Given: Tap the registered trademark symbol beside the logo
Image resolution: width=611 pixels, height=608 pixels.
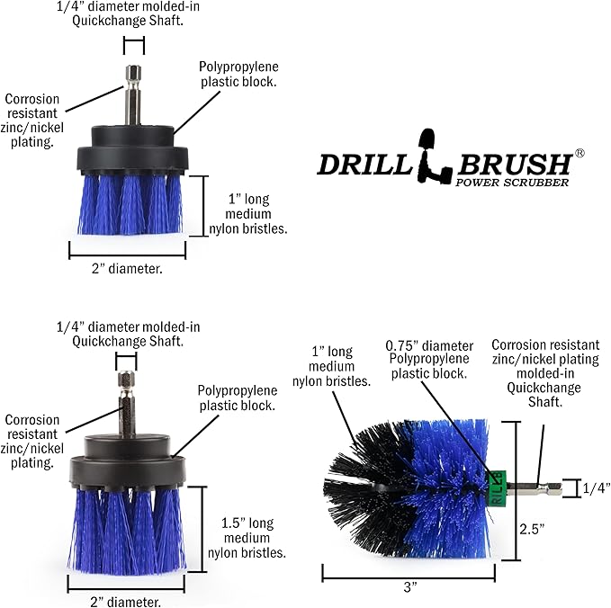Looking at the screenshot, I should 580,154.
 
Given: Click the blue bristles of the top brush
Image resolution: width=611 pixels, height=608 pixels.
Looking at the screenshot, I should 130,201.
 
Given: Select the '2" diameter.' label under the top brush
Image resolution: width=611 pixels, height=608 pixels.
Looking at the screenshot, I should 128,267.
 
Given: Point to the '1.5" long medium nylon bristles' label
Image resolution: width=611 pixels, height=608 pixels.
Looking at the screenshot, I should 254,537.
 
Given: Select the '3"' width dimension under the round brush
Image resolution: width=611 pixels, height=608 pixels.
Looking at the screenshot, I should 411,586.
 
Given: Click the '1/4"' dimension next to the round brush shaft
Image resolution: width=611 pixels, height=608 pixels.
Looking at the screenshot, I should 595,488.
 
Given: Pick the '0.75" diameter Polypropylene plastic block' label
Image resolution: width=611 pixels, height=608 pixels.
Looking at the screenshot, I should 428,358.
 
